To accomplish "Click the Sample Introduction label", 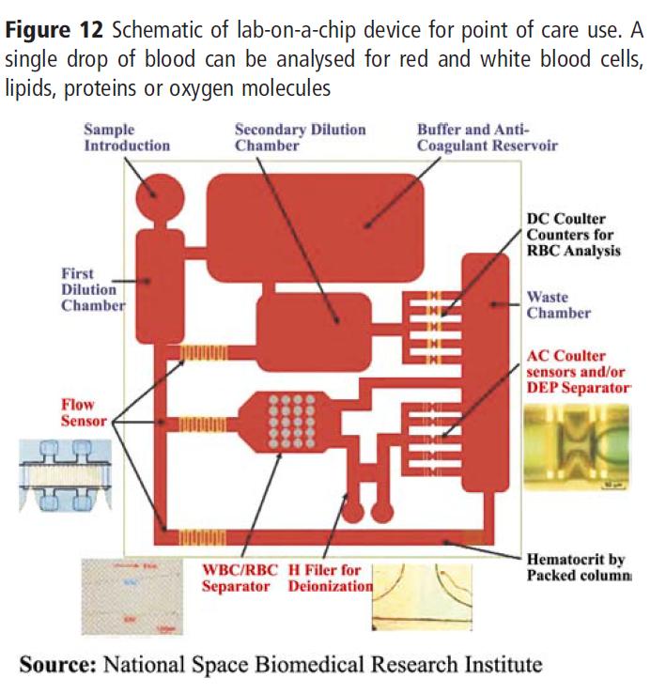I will point(128,137).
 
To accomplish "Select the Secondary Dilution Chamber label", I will point(300,137).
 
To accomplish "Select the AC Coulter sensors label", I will point(580,371).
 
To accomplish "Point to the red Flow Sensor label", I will point(85,412).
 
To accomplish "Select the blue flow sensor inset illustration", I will point(68,474).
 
